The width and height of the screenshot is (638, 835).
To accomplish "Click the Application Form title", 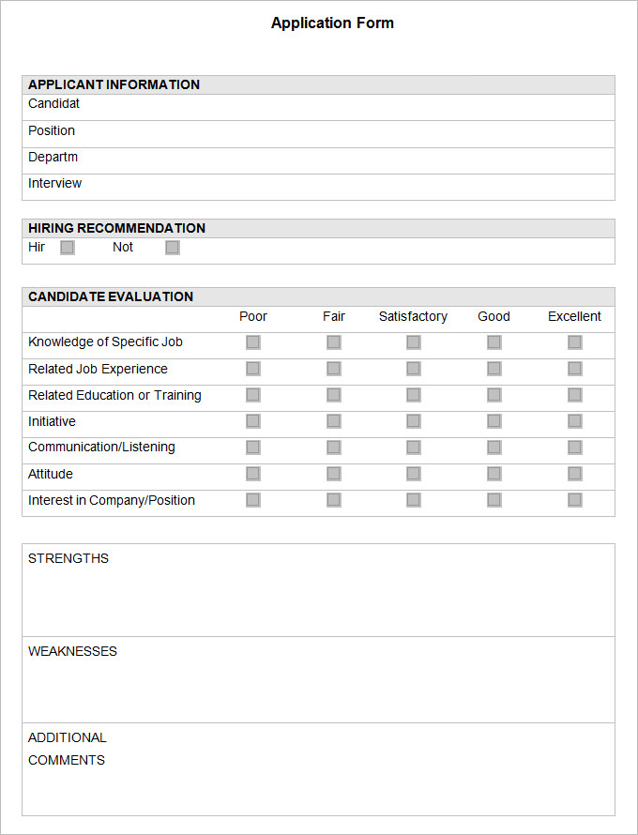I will tap(332, 23).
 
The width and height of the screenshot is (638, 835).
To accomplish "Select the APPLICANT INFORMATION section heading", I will tap(114, 84).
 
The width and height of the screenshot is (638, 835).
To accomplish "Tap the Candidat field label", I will tap(53, 104).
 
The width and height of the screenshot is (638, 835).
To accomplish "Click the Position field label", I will tap(52, 130).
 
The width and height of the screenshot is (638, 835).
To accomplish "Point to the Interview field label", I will tap(54, 183).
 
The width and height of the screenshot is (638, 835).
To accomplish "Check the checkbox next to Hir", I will tap(68, 248).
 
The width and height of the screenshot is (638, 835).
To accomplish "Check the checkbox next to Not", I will tap(173, 248).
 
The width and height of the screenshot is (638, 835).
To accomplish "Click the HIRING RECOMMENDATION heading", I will tap(116, 228).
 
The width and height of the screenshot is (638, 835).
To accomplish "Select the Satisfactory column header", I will tap(413, 316).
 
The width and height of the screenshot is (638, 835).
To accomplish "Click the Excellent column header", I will tap(574, 316).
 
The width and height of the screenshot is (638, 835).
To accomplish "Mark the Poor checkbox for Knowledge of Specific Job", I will tap(253, 342).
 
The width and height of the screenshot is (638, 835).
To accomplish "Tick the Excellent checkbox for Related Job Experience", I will tap(575, 369).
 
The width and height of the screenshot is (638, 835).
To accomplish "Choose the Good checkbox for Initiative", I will tap(494, 421).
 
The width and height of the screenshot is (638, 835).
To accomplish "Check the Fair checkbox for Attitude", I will tap(334, 474).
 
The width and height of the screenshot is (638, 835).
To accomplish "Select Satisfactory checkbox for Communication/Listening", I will tap(414, 448).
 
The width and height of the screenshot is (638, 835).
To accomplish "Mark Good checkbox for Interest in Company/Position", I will tap(494, 500).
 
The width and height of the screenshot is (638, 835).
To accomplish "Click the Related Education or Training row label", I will tap(114, 395).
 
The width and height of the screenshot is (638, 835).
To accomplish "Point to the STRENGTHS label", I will tap(68, 558).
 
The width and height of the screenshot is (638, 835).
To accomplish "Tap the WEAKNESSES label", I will tap(72, 651).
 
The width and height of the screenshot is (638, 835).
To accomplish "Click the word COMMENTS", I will tap(67, 760).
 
